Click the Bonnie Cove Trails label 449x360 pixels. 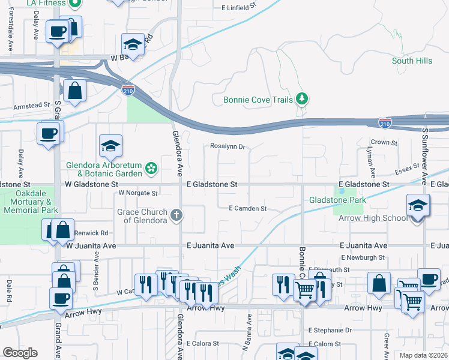258,100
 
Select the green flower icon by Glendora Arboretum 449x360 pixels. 152,169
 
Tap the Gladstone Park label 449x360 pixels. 337,199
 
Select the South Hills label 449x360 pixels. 412,61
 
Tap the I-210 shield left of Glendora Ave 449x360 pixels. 127,90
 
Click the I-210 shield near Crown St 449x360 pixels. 385,122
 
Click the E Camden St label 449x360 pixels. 247,209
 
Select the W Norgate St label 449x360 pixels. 137,193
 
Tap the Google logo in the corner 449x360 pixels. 20,353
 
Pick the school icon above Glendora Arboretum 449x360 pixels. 110,146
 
